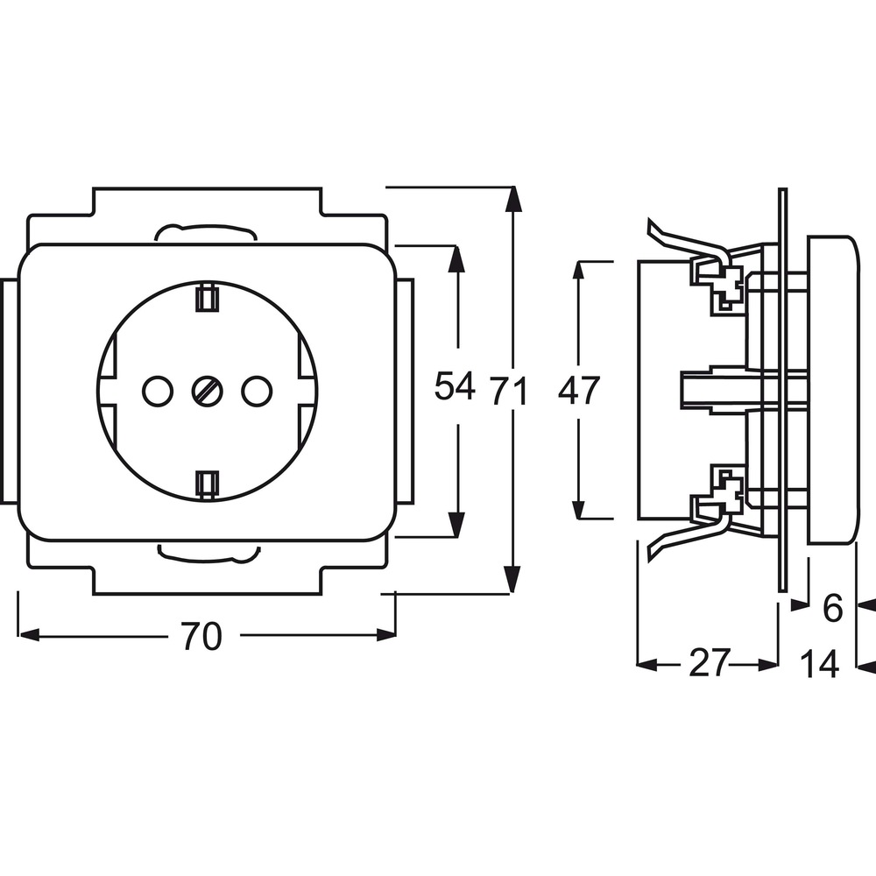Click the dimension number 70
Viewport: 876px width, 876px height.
[x=201, y=636]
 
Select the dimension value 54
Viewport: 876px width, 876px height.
[x=455, y=385]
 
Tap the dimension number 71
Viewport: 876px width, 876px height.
[x=509, y=391]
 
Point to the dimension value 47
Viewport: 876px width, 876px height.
[x=579, y=390]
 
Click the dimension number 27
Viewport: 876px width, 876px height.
[x=710, y=662]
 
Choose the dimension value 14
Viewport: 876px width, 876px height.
[x=820, y=664]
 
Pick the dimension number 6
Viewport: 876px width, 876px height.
[x=832, y=609]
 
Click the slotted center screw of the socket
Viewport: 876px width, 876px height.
[x=208, y=391]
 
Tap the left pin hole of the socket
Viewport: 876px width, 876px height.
[x=158, y=391]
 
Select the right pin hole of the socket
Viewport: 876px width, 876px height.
[x=257, y=391]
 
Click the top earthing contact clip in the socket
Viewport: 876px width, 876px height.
[x=207, y=298]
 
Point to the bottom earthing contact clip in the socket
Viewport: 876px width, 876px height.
[x=207, y=484]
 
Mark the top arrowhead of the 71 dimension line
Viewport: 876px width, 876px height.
[x=512, y=200]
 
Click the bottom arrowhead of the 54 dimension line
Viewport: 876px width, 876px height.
[x=457, y=525]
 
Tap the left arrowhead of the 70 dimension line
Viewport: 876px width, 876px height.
[x=29, y=634]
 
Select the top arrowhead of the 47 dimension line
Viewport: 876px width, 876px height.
[x=579, y=273]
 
